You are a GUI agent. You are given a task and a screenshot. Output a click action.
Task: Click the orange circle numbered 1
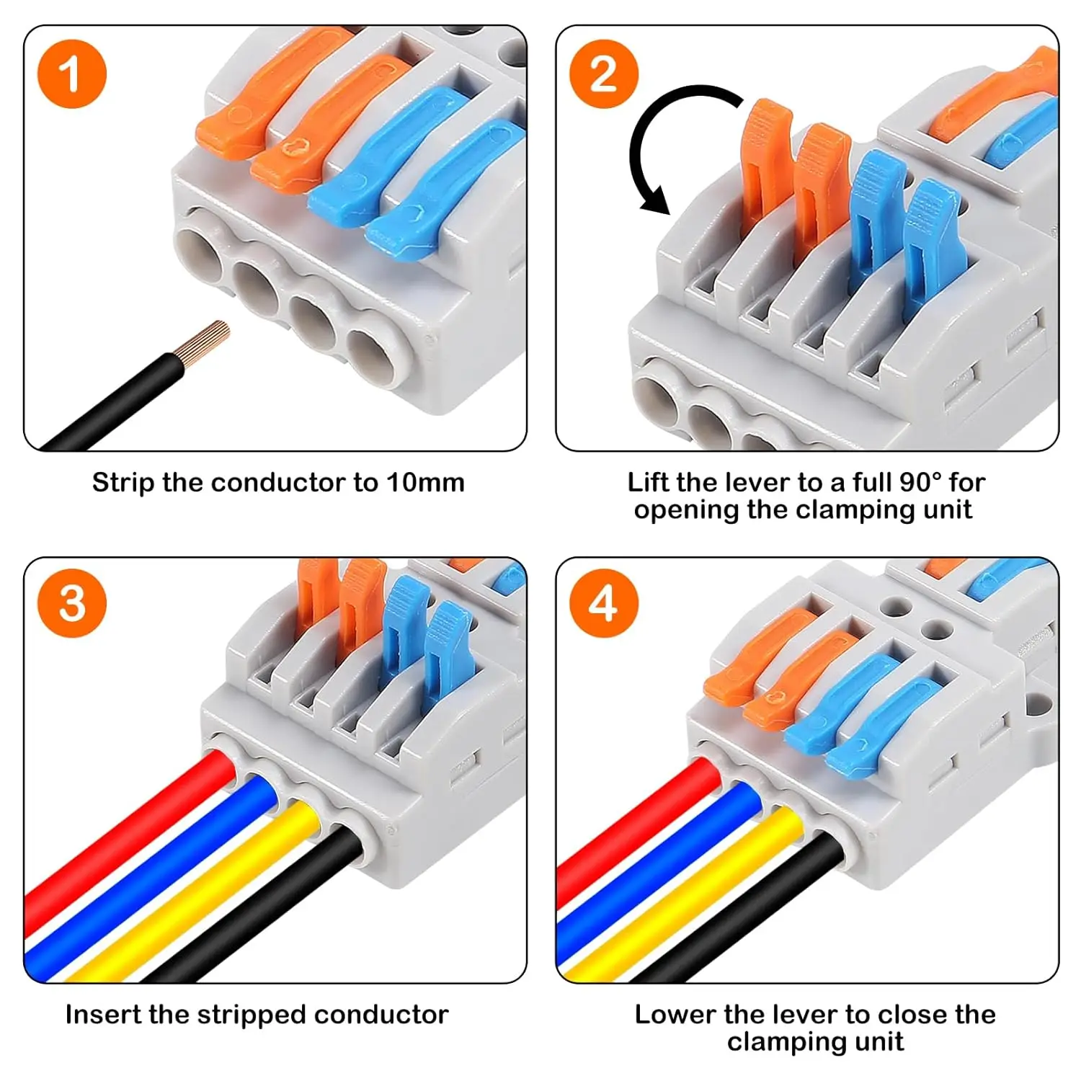pyautogui.click(x=71, y=74)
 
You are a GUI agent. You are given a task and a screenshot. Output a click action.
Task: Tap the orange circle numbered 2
pyautogui.click(x=603, y=74)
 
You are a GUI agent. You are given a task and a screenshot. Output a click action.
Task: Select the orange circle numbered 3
pyautogui.click(x=71, y=603)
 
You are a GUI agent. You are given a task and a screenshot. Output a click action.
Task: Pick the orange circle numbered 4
pyautogui.click(x=603, y=603)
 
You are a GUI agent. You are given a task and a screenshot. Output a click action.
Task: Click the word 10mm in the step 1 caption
pyautogui.click(x=425, y=482)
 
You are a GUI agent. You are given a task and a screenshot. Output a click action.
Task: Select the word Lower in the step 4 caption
pyautogui.click(x=675, y=1014)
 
